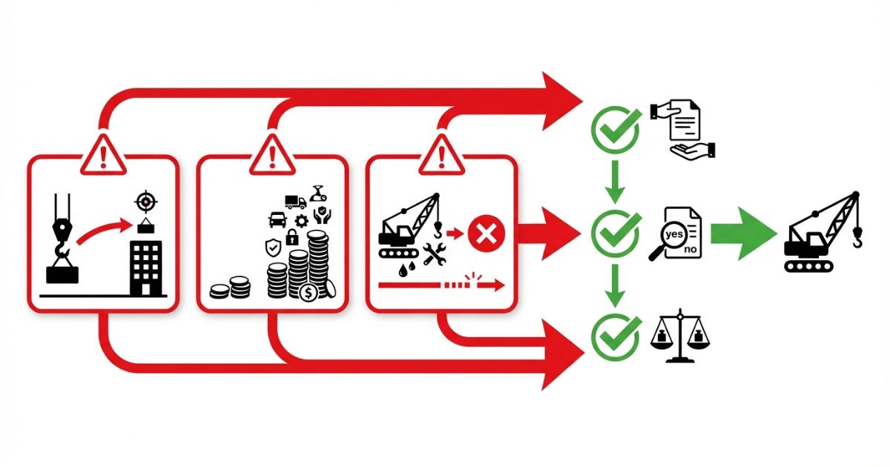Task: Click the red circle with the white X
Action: (487, 235)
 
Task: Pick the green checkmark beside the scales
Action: (615, 336)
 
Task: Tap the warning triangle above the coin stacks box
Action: (272, 156)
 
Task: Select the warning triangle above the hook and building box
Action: (102, 156)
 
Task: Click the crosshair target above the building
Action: (145, 202)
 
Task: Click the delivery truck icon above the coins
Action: (295, 202)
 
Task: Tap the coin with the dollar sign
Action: (309, 292)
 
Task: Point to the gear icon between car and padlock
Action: (302, 221)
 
